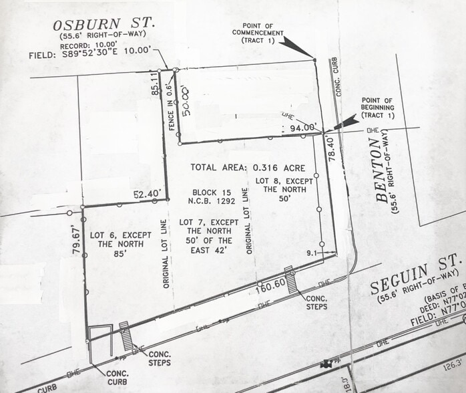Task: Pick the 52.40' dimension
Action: (148, 194)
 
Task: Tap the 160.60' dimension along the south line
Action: (274, 282)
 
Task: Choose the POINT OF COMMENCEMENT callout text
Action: (258, 37)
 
